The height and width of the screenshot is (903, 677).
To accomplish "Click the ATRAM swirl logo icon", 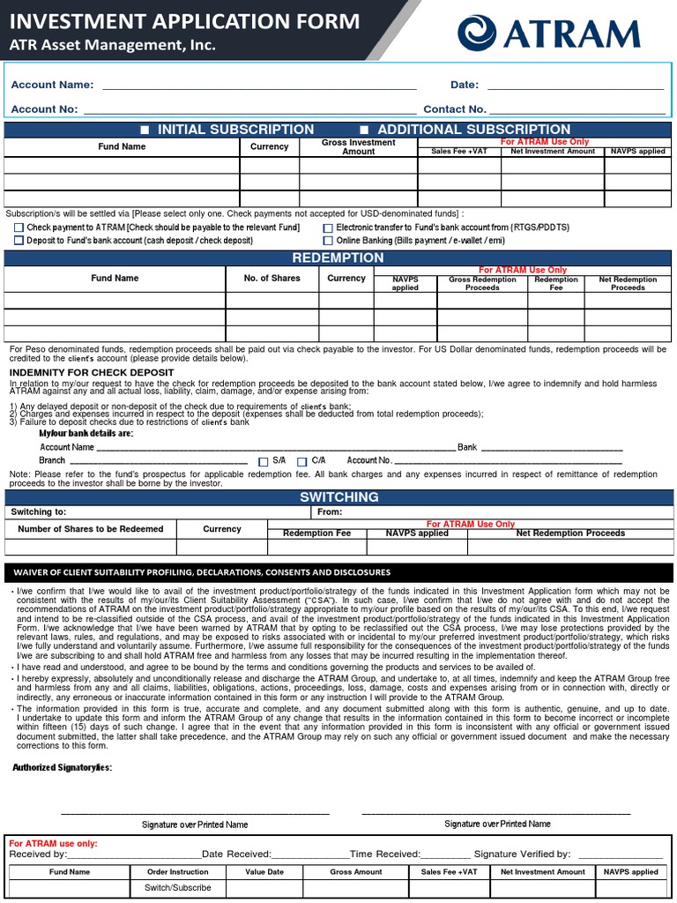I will (x=478, y=34).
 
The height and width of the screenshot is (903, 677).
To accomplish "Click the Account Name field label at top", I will (x=52, y=85).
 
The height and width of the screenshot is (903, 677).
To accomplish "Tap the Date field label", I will (x=465, y=85).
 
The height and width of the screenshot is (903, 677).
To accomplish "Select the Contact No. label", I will (x=455, y=109).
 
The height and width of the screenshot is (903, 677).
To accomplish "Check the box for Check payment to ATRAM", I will (x=19, y=228).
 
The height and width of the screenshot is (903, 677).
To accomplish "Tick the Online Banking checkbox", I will (x=328, y=240).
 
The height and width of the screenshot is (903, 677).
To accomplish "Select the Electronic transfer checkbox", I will (x=328, y=228).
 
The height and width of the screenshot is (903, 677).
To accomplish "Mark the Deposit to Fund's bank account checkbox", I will (x=19, y=240).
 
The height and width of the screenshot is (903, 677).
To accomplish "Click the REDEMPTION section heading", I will (x=338, y=257).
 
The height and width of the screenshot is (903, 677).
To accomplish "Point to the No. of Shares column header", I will (x=272, y=279).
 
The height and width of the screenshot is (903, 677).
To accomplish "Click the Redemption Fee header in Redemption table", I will (x=555, y=283).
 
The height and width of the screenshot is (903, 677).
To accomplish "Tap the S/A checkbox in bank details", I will (x=263, y=461).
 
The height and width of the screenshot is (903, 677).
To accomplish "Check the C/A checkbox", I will (x=301, y=461).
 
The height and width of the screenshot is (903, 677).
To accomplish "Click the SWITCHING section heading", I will (x=338, y=497).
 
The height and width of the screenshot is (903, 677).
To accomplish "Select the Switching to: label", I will (x=38, y=511).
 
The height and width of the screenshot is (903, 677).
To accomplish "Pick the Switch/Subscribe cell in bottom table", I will (x=177, y=887).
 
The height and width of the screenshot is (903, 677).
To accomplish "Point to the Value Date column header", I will (x=264, y=871).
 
